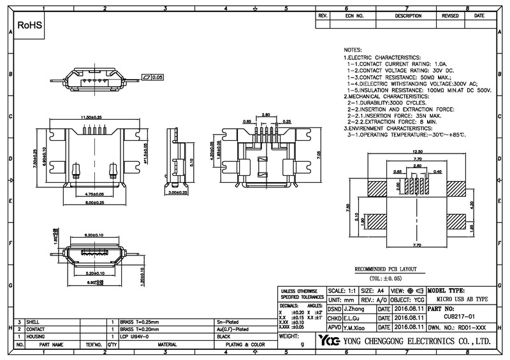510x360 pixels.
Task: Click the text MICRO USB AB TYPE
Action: point(463,299)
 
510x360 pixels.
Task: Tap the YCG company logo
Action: point(330,342)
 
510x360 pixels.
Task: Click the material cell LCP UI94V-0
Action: point(135,335)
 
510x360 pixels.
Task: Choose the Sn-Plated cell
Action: point(228,322)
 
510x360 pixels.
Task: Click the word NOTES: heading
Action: point(353,49)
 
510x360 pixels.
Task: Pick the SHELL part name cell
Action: point(33,322)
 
